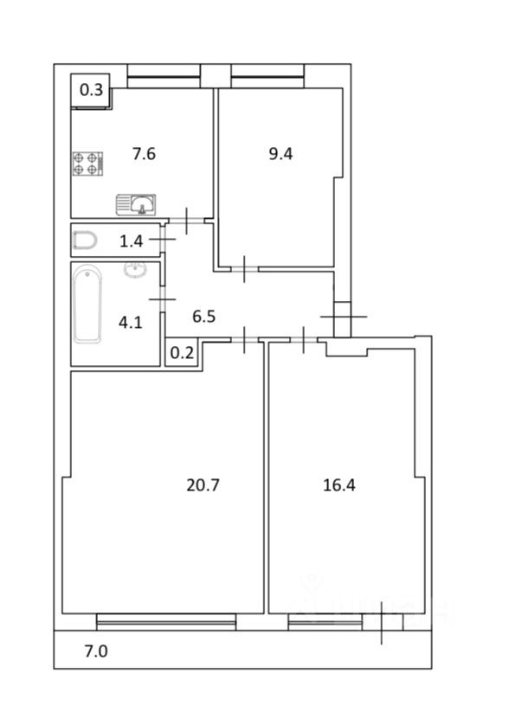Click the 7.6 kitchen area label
144,154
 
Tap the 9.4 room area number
280,154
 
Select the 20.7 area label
203,485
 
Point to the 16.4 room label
339,485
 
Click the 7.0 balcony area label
96,651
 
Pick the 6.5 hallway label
203,316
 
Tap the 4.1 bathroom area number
131,323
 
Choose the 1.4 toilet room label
132,241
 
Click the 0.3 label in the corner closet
92,90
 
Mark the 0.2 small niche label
182,353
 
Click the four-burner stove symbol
88,164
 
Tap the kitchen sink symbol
136,205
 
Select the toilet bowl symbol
85,241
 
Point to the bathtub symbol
87,305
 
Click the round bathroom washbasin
134,270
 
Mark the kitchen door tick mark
187,221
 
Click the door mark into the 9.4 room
244,269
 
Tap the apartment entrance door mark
344,317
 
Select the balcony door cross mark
381,623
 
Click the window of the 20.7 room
166,622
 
